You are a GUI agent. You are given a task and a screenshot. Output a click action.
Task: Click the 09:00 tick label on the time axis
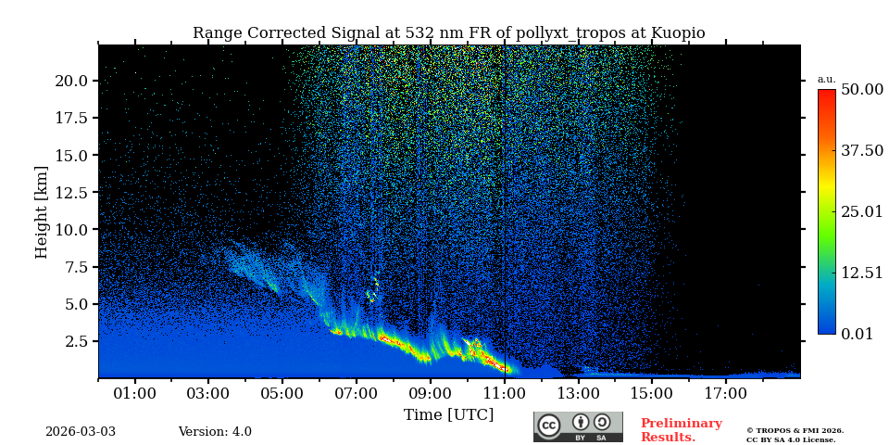430,394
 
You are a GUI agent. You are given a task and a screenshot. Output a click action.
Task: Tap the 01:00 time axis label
134,394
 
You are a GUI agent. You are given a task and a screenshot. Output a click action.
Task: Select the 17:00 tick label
725,394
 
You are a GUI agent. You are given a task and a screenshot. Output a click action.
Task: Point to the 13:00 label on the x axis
578,394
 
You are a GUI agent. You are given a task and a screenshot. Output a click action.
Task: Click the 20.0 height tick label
71,82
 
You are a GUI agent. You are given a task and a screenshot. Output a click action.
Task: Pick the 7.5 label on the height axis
77,268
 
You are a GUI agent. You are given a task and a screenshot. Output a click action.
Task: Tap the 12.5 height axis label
71,193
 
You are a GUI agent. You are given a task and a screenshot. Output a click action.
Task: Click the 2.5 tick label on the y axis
77,342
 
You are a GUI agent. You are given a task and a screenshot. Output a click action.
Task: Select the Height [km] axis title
42,211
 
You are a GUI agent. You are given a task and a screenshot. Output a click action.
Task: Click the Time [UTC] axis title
448,414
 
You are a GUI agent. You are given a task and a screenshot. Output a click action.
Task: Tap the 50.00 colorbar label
861,90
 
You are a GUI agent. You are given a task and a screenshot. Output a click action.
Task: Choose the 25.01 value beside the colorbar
861,212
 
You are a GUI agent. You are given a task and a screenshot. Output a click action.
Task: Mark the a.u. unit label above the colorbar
826,80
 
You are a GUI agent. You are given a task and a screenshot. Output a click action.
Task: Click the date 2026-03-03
81,432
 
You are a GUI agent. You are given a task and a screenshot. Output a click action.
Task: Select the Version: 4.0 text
215,432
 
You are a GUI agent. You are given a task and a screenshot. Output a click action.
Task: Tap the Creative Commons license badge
578,426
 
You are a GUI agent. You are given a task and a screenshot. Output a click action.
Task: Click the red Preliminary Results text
681,430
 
